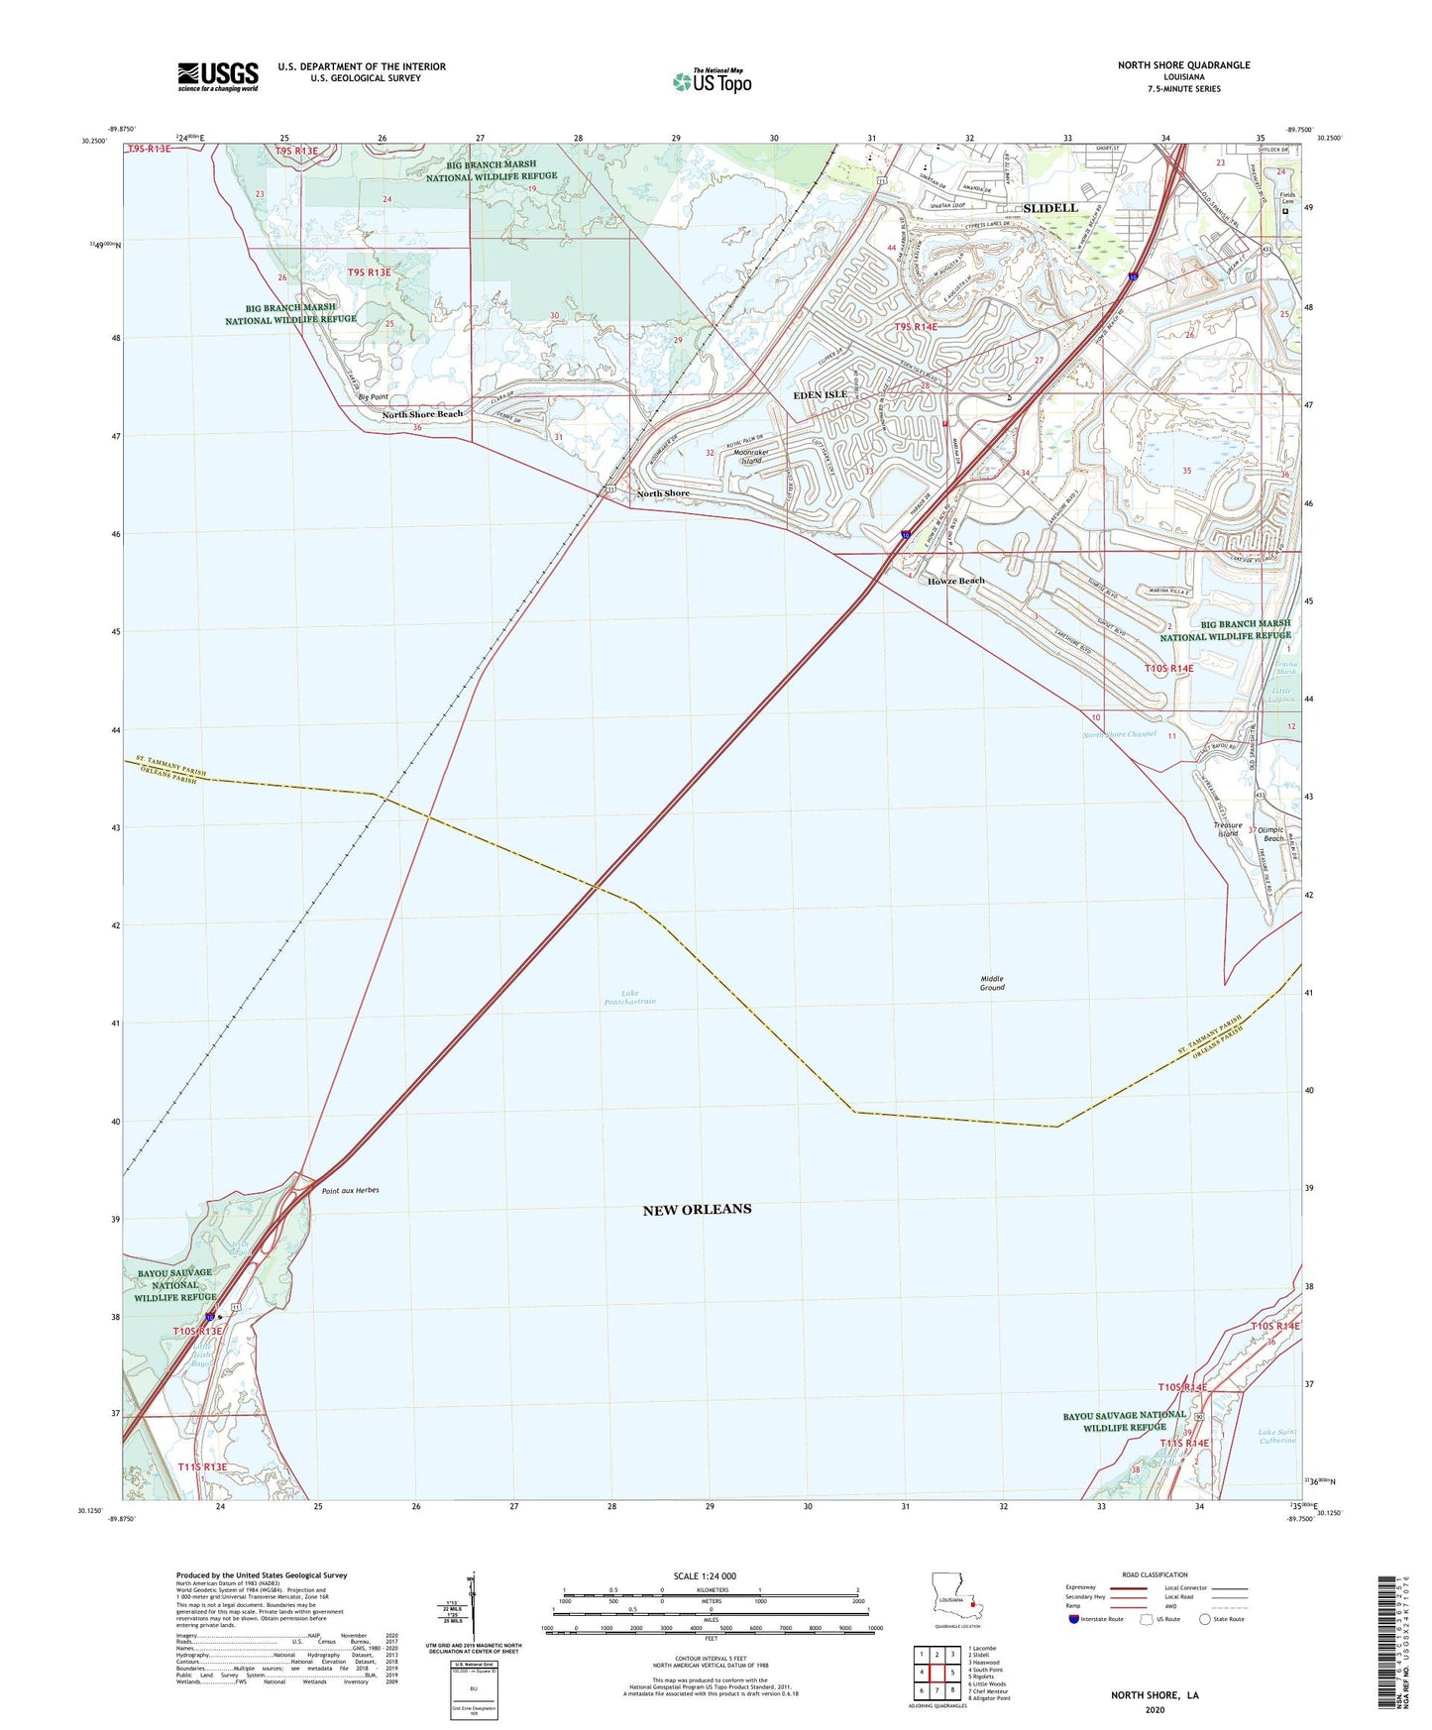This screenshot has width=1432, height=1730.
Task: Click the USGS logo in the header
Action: (218, 76)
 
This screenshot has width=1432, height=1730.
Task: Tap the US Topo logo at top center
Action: (711, 81)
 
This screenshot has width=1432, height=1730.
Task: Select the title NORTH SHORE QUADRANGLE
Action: (1183, 65)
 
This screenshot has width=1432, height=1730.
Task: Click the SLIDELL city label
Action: (1049, 208)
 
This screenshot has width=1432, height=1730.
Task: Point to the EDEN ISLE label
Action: (821, 394)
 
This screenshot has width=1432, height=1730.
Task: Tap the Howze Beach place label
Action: (955, 581)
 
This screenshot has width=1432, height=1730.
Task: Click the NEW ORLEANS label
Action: (697, 1209)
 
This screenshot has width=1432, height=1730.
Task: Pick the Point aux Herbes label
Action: (350, 1190)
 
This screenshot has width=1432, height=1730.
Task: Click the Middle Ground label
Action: (992, 983)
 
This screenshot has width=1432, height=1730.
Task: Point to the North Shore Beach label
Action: (422, 414)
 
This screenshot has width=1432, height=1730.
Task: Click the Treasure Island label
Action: (1227, 829)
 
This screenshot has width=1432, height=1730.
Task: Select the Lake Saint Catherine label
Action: (1276, 1436)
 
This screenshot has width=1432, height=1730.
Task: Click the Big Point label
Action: (373, 397)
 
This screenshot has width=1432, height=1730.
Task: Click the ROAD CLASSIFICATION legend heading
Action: (1155, 1574)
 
